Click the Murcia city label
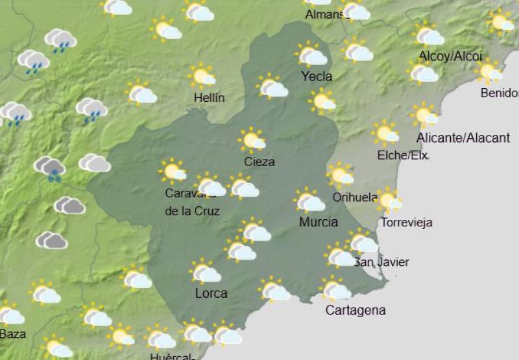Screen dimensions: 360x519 coord(318,222)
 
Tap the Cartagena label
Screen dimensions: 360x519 coord(356,310)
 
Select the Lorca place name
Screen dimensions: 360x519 coord(211,293)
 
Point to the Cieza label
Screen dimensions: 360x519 coord(259,162)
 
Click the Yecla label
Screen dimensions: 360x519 coord(317,77)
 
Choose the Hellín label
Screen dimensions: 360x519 coord(210,98)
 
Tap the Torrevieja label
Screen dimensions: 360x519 coord(406,222)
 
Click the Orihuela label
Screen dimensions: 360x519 coord(355,197)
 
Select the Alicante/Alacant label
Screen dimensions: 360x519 coord(463,138)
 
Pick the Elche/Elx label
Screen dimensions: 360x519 coord(403,155)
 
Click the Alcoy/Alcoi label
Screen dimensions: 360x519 coord(451,56)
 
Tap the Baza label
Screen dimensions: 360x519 coord(13,334)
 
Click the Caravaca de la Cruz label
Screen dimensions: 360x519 coord(192,202)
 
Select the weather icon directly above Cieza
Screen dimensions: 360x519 coord(252,139)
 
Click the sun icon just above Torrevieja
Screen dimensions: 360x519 coord(389,200)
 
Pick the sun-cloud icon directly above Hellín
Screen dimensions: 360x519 coord(202,76)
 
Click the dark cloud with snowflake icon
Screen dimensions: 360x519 coord(51,168)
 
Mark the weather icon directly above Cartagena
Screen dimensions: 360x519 coord(335,288)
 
